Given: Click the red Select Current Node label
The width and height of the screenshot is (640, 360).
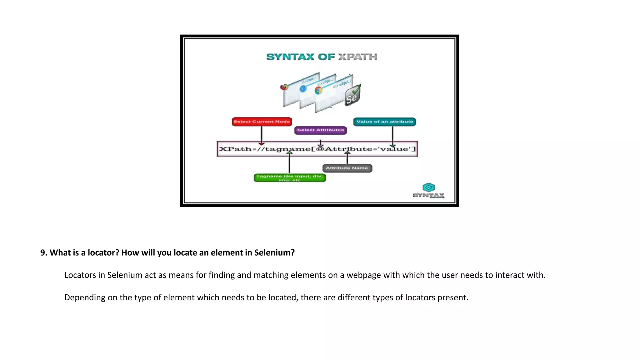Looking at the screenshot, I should (x=262, y=122).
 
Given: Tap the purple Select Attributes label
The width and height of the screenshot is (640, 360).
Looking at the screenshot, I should (x=320, y=130).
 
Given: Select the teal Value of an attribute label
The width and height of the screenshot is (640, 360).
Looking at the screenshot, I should (x=384, y=122).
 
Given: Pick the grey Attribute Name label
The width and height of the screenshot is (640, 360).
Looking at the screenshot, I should (x=347, y=168).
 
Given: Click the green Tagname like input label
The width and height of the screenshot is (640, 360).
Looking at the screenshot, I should (x=290, y=178).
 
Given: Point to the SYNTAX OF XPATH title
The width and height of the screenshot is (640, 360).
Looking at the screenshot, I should (x=322, y=57).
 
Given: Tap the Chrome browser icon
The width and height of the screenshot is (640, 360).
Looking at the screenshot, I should (x=318, y=90).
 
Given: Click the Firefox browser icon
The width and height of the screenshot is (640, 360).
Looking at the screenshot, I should (x=284, y=87).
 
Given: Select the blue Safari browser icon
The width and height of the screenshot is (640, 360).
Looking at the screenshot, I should (x=303, y=89).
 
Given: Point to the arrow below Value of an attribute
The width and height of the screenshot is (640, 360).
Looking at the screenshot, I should (x=392, y=136).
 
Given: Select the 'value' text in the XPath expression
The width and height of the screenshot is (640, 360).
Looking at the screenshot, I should (x=395, y=149).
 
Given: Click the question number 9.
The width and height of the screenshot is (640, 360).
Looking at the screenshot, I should (x=43, y=252).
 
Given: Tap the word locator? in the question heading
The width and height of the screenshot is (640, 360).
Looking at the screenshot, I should (x=103, y=252).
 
